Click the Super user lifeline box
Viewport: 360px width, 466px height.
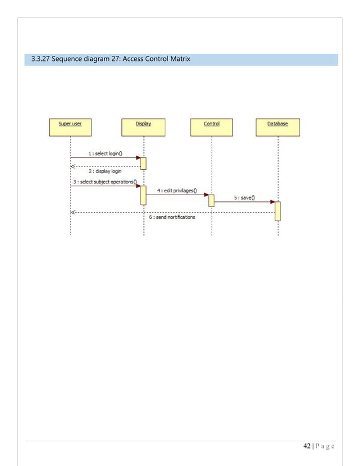(70, 128)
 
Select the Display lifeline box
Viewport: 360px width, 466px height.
(143, 128)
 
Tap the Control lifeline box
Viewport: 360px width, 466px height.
(212, 128)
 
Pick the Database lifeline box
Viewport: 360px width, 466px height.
(278, 128)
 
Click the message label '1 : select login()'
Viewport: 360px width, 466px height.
(106, 153)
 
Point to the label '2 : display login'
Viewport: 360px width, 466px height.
(105, 171)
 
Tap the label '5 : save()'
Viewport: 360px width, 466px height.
(244, 197)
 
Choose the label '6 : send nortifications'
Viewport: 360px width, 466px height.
(172, 217)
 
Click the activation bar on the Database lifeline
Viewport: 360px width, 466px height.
(278, 211)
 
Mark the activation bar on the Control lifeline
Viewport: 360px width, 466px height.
(212, 200)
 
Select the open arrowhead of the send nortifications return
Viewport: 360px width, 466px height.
(73, 212)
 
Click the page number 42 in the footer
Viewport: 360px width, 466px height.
(306, 446)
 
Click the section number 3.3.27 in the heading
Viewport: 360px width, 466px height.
(39, 60)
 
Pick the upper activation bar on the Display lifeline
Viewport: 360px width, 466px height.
(143, 163)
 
